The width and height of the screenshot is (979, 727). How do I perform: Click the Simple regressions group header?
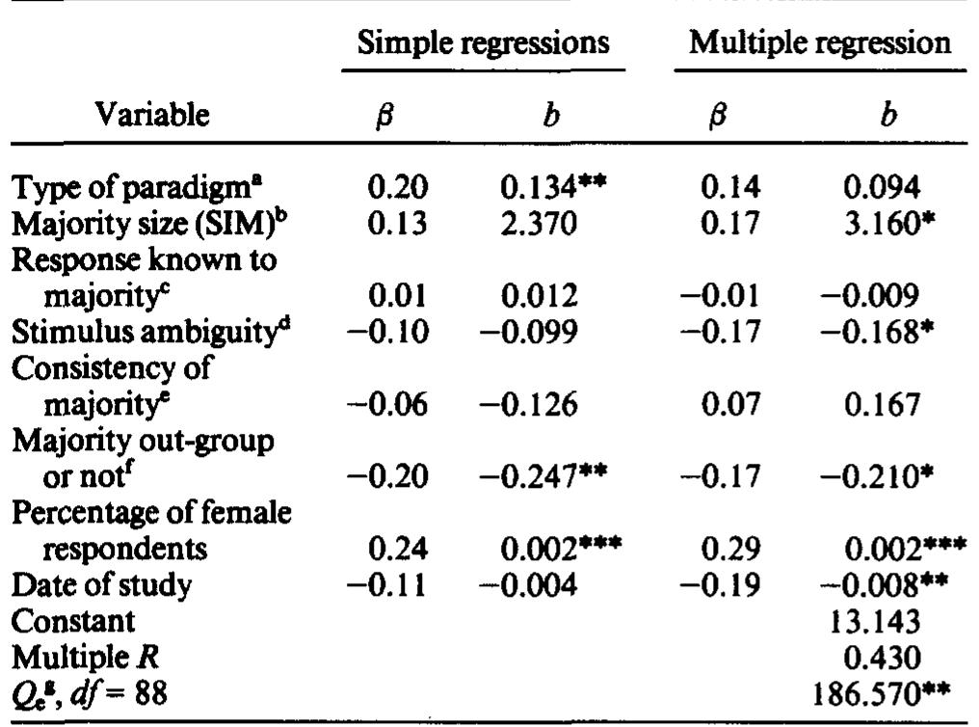click(x=483, y=43)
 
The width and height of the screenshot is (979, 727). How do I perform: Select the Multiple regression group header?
click(x=820, y=43)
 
